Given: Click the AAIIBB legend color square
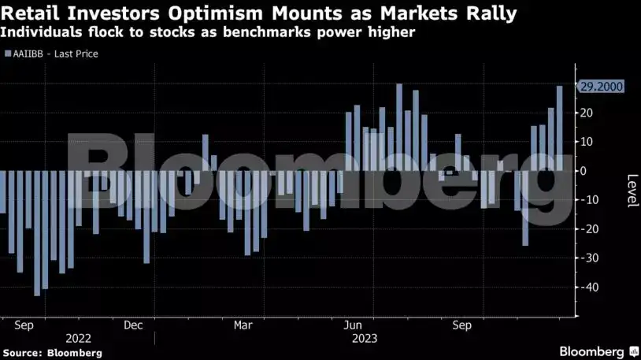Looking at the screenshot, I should click(7, 54).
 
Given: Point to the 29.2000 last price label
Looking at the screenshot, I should click(601, 87).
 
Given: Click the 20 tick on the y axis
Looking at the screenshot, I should click(587, 113).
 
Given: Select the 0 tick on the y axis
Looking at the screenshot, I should click(584, 171).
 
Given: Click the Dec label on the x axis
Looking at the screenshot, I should click(133, 325).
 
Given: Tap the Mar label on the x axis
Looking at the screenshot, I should click(243, 325).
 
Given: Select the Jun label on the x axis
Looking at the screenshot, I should click(354, 325).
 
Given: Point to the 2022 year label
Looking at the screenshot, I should click(77, 338).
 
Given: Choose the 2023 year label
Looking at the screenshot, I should click(364, 338).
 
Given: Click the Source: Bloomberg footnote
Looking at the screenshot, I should click(52, 353).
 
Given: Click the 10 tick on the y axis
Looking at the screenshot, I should click(587, 142).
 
